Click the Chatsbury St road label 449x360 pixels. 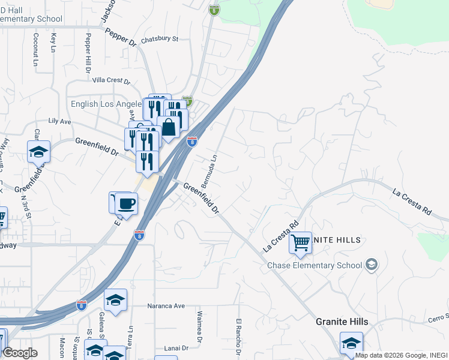[x=160, y=40]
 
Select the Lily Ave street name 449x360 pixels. [x=59, y=121]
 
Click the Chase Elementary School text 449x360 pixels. [x=315, y=265]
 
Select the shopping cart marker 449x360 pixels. [x=300, y=243]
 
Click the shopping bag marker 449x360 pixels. [x=170, y=127]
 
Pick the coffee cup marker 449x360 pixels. [x=126, y=203]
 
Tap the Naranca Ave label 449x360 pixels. [x=166, y=305]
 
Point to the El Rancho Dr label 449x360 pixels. [x=238, y=336]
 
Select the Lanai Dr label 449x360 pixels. [x=176, y=348]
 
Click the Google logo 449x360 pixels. [x=20, y=352]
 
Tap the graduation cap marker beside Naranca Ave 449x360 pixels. [x=115, y=301]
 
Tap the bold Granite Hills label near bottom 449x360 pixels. [x=342, y=322]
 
